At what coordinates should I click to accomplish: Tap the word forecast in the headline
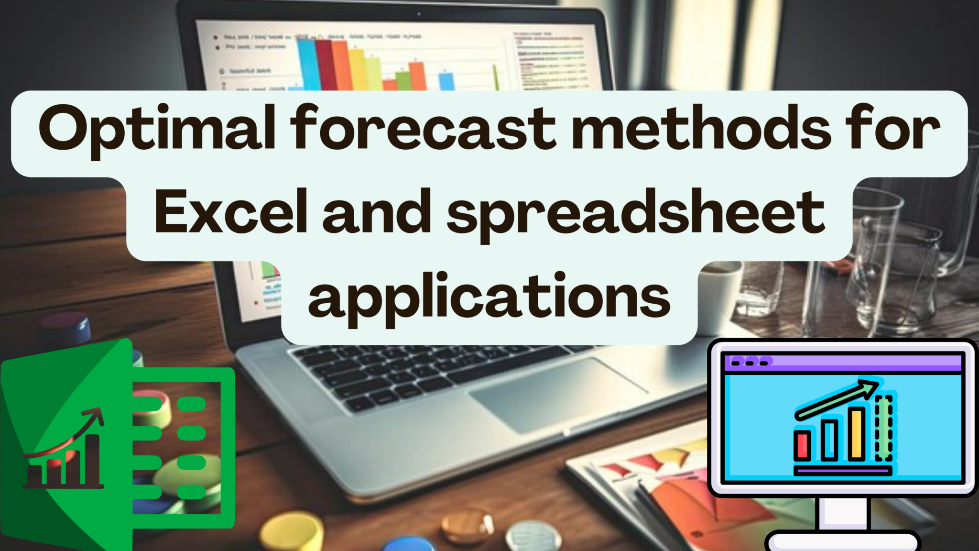pos(423,128)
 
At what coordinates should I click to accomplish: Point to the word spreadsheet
pos(636,213)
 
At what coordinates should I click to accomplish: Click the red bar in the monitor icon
pos(802,445)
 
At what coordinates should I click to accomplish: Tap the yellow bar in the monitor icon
pos(857,433)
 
